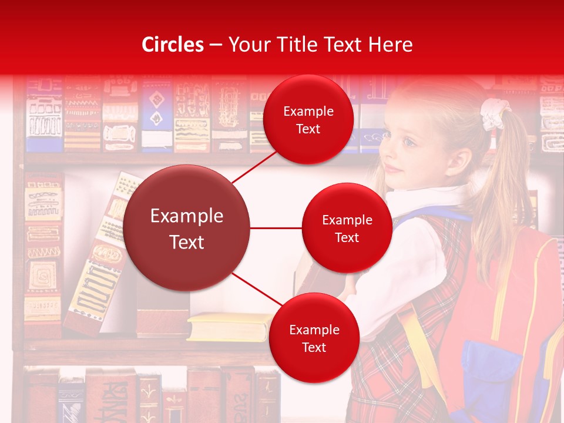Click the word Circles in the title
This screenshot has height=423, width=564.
coord(172,45)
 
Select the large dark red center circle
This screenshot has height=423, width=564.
coord(187,228)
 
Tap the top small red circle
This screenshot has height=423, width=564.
coord(308,119)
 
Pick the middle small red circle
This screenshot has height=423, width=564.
coord(347,228)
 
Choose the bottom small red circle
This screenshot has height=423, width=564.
coord(314,338)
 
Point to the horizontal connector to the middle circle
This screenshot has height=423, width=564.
coord(276,228)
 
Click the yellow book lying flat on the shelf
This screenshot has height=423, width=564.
coord(229,326)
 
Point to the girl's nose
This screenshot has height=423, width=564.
coord(388,154)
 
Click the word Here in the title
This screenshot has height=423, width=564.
coord(390,45)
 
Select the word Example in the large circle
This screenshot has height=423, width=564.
coord(187,216)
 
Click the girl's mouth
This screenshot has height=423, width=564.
coord(394,169)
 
